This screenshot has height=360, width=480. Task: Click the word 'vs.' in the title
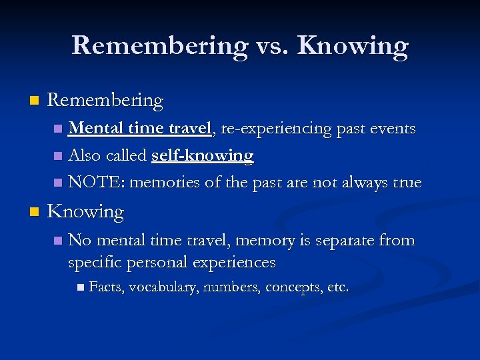click(x=272, y=45)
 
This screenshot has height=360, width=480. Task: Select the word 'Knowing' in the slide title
click(x=353, y=45)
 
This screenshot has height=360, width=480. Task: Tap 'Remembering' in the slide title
click(x=159, y=45)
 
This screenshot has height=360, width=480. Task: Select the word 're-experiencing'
click(x=273, y=128)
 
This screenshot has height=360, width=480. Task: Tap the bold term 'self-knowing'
click(x=203, y=155)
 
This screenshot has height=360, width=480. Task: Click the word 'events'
click(x=393, y=128)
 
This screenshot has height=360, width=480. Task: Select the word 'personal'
click(x=159, y=263)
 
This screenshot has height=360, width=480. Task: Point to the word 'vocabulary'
click(x=163, y=288)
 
